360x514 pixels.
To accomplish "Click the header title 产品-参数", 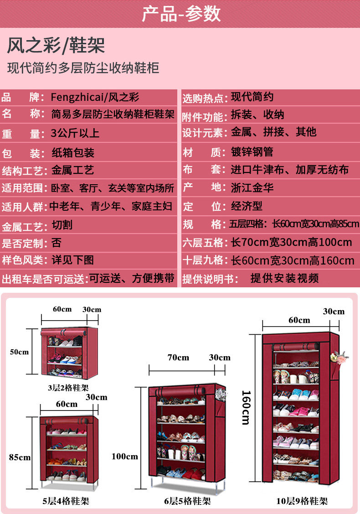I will pos(181,14).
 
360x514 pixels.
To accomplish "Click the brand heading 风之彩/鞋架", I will pos(56,46).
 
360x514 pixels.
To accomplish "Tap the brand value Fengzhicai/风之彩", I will pos(95,97).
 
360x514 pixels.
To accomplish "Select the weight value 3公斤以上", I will pos(75,134).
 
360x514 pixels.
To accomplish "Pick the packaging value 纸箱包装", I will pos(72,153).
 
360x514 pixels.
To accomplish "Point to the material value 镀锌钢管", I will pos(252,152).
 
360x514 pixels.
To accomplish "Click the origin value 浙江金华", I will pos(252,187).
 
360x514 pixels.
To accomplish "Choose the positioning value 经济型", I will pos(247,206).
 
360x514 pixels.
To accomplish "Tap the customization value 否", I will pos(56,243).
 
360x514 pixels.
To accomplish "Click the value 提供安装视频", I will pos(284,278).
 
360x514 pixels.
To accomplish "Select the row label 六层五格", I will pos(203,242).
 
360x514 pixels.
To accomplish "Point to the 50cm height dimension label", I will pos(19,352).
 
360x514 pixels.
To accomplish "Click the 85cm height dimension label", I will pos(20,457).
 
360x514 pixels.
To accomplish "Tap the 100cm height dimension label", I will pos(124,456).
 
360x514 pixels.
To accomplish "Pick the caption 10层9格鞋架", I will pos(302,501).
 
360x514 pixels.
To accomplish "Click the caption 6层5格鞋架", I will pos(187,501).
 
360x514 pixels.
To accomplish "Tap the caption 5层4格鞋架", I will pos(66,501).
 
